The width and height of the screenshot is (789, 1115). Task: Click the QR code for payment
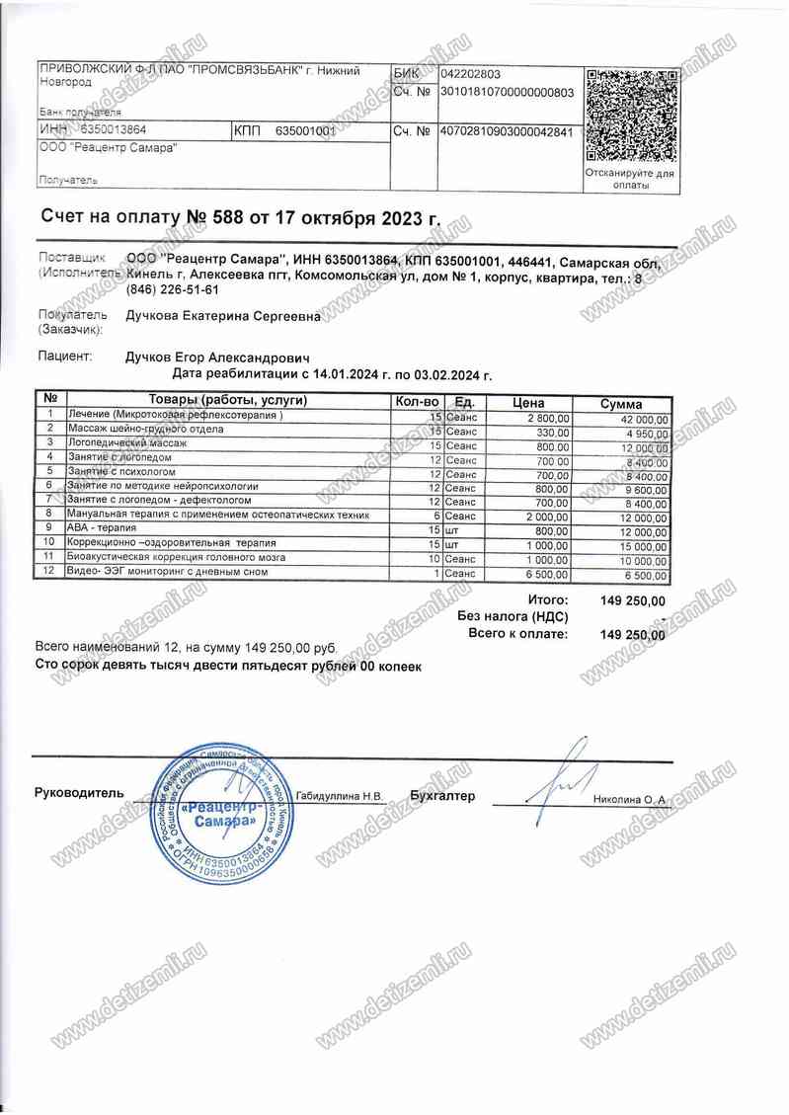(x=629, y=116)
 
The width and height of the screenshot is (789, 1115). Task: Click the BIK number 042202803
(x=472, y=73)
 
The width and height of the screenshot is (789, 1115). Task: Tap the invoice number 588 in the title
(x=229, y=217)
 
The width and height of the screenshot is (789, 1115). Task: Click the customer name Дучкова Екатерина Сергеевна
(x=223, y=317)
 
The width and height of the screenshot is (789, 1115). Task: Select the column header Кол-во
(x=416, y=402)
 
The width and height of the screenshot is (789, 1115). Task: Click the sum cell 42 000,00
(x=640, y=419)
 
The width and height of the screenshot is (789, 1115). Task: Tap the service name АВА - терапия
(x=100, y=529)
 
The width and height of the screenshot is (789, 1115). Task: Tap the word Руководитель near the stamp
(x=79, y=793)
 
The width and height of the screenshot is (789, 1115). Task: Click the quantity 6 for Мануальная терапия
(x=434, y=516)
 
